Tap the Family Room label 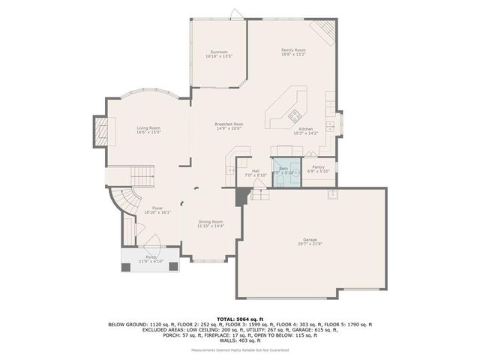(294, 49)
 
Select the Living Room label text (148, 128)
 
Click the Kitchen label (306, 129)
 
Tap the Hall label (256, 170)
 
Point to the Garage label (310, 239)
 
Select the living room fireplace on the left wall (98, 131)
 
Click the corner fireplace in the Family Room (324, 29)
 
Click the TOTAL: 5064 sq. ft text (239, 318)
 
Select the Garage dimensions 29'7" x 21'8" (310, 244)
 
